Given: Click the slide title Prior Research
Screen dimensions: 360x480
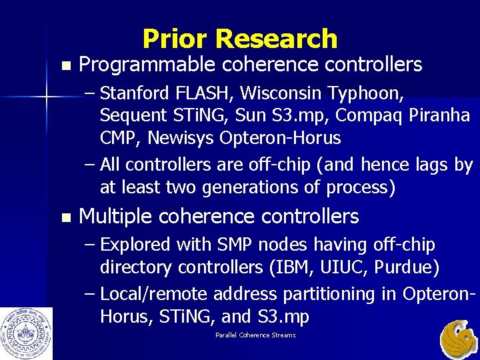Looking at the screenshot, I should click(x=239, y=39).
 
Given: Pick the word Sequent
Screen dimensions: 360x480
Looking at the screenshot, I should click(x=131, y=115).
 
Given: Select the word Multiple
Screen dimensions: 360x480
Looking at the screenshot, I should click(x=116, y=217).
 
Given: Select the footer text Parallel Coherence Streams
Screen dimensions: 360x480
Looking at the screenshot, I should click(x=255, y=335).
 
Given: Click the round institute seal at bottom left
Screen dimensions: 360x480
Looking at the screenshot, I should click(x=27, y=333).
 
